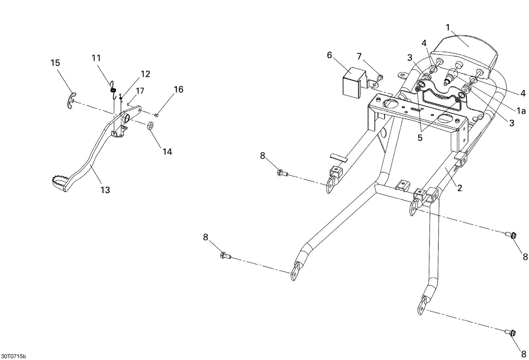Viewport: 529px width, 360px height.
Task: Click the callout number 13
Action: click(105, 190)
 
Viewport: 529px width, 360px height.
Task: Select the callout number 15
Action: click(55, 63)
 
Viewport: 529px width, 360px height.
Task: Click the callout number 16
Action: click(178, 90)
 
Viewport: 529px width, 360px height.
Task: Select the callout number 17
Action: click(140, 91)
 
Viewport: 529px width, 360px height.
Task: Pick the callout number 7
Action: click(359, 56)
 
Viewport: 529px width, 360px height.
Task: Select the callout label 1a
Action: click(521, 111)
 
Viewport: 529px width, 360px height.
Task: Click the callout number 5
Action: click(420, 138)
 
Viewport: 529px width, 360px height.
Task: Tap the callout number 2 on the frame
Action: click(459, 188)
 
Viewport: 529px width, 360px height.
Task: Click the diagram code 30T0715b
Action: click(13, 356)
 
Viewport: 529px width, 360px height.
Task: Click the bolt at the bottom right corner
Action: click(512, 333)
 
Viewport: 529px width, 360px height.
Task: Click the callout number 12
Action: click(145, 74)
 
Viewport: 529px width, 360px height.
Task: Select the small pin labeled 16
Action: click(157, 115)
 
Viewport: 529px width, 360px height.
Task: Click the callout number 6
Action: click(329, 55)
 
